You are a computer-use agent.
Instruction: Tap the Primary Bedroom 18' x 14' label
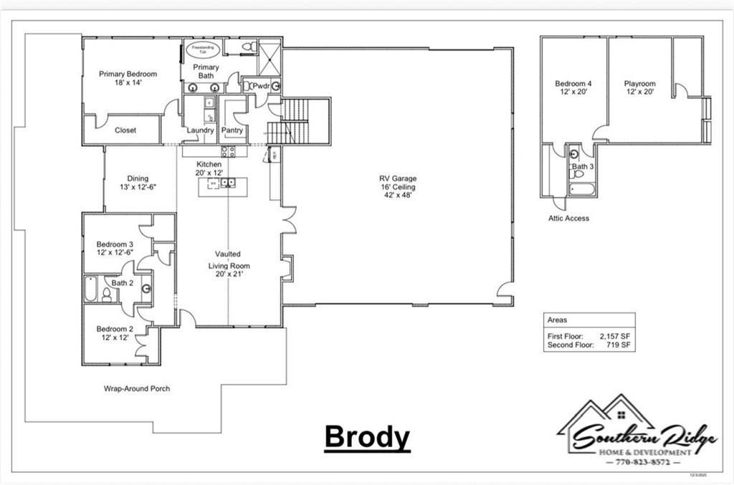point(128,78)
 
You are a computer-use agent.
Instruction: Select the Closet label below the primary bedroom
point(126,130)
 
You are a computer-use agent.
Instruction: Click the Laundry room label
point(200,130)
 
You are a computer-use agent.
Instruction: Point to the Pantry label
point(232,130)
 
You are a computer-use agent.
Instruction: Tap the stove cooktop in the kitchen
point(228,151)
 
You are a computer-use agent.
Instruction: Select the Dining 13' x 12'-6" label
point(138,183)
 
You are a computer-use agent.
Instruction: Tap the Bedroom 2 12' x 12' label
point(115,333)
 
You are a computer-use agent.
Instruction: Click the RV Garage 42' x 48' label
point(398,187)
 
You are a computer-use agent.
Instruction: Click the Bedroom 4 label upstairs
point(573,88)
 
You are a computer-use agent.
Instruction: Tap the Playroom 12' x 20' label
point(639,88)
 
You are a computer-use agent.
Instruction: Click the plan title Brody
point(367,436)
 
